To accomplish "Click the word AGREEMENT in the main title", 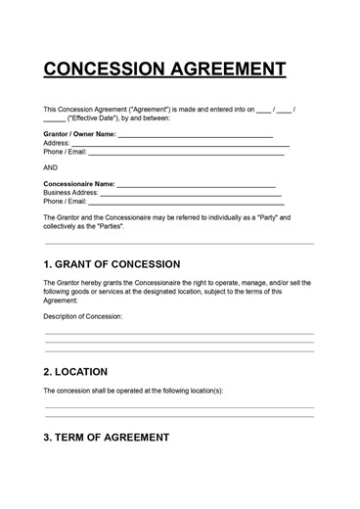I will click(x=229, y=69).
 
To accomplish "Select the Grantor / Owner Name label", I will click(x=80, y=133).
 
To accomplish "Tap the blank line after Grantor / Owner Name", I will click(x=196, y=135).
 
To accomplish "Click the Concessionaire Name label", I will click(x=79, y=183).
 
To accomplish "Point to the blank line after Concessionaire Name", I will click(x=197, y=185).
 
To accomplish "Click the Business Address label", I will click(x=75, y=193).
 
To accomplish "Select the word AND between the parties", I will click(x=52, y=166).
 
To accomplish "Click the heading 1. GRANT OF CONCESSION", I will click(x=112, y=264).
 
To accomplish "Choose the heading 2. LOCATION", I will click(x=76, y=372).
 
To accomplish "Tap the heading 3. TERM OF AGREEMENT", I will click(x=107, y=437).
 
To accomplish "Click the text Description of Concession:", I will click(x=83, y=316).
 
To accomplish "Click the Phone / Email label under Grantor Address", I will click(x=66, y=152).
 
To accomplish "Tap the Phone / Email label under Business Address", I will click(x=66, y=202).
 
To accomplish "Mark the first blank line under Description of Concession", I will click(x=179, y=334).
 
